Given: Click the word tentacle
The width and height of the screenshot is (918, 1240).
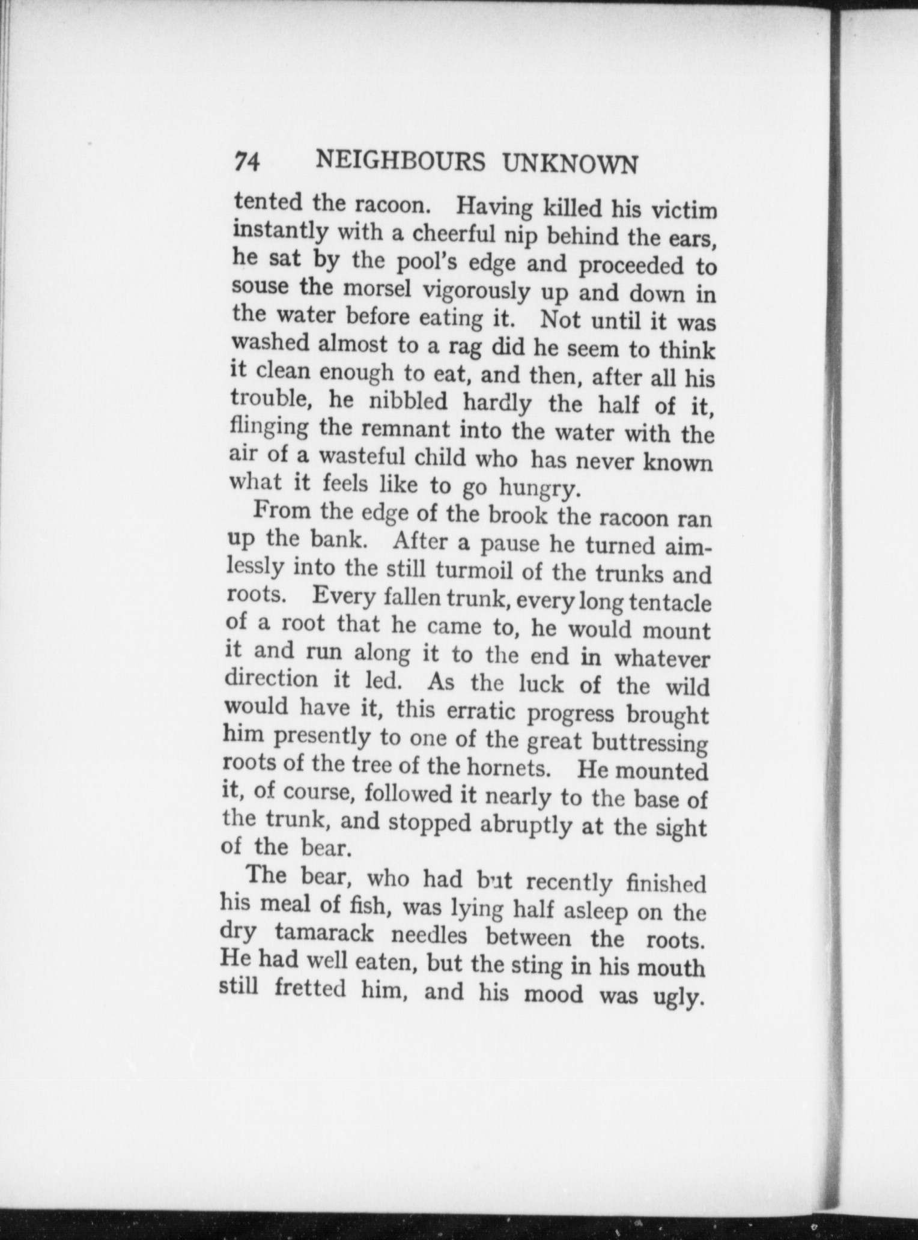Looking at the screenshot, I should click(669, 603).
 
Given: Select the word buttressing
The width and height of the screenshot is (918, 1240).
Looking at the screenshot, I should click(649, 744).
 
